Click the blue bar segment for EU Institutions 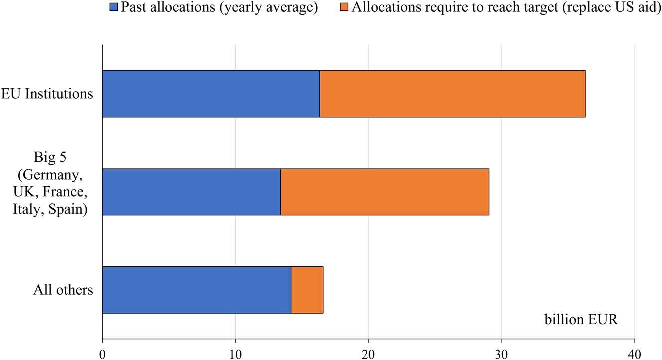pyautogui.click(x=210, y=94)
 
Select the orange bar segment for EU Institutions pyautogui.click(x=452, y=94)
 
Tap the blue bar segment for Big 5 pyautogui.click(x=191, y=192)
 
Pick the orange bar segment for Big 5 pyautogui.click(x=384, y=192)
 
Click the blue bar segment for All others pyautogui.click(x=196, y=290)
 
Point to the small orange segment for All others pyautogui.click(x=307, y=290)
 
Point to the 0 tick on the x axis pyautogui.click(x=102, y=353)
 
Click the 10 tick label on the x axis pyautogui.click(x=235, y=353)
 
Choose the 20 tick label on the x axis pyautogui.click(x=368, y=353)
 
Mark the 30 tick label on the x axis pyautogui.click(x=501, y=353)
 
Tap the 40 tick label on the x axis pyautogui.click(x=634, y=353)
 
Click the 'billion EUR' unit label pyautogui.click(x=581, y=319)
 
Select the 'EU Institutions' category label pyautogui.click(x=47, y=94)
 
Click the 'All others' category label pyautogui.click(x=63, y=290)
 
